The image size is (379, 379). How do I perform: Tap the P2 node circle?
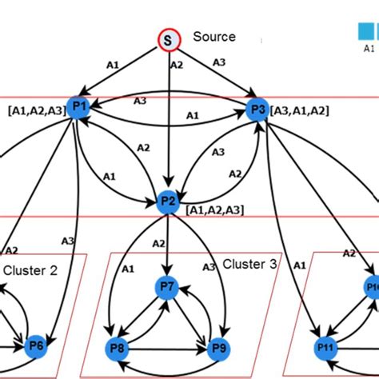(168, 201)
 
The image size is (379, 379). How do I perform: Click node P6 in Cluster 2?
(36, 345)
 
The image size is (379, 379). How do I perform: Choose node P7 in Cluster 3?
(167, 285)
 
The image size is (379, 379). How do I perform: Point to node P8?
(118, 347)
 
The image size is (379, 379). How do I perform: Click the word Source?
(214, 37)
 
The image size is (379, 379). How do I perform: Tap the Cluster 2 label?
(30, 270)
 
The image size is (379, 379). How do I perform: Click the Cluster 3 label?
(249, 264)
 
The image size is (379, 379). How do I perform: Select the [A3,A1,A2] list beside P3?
(301, 109)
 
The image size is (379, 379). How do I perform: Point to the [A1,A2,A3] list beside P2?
(214, 209)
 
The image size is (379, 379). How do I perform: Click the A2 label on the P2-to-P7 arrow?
(159, 243)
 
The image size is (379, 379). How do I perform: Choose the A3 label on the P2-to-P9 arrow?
(209, 266)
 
